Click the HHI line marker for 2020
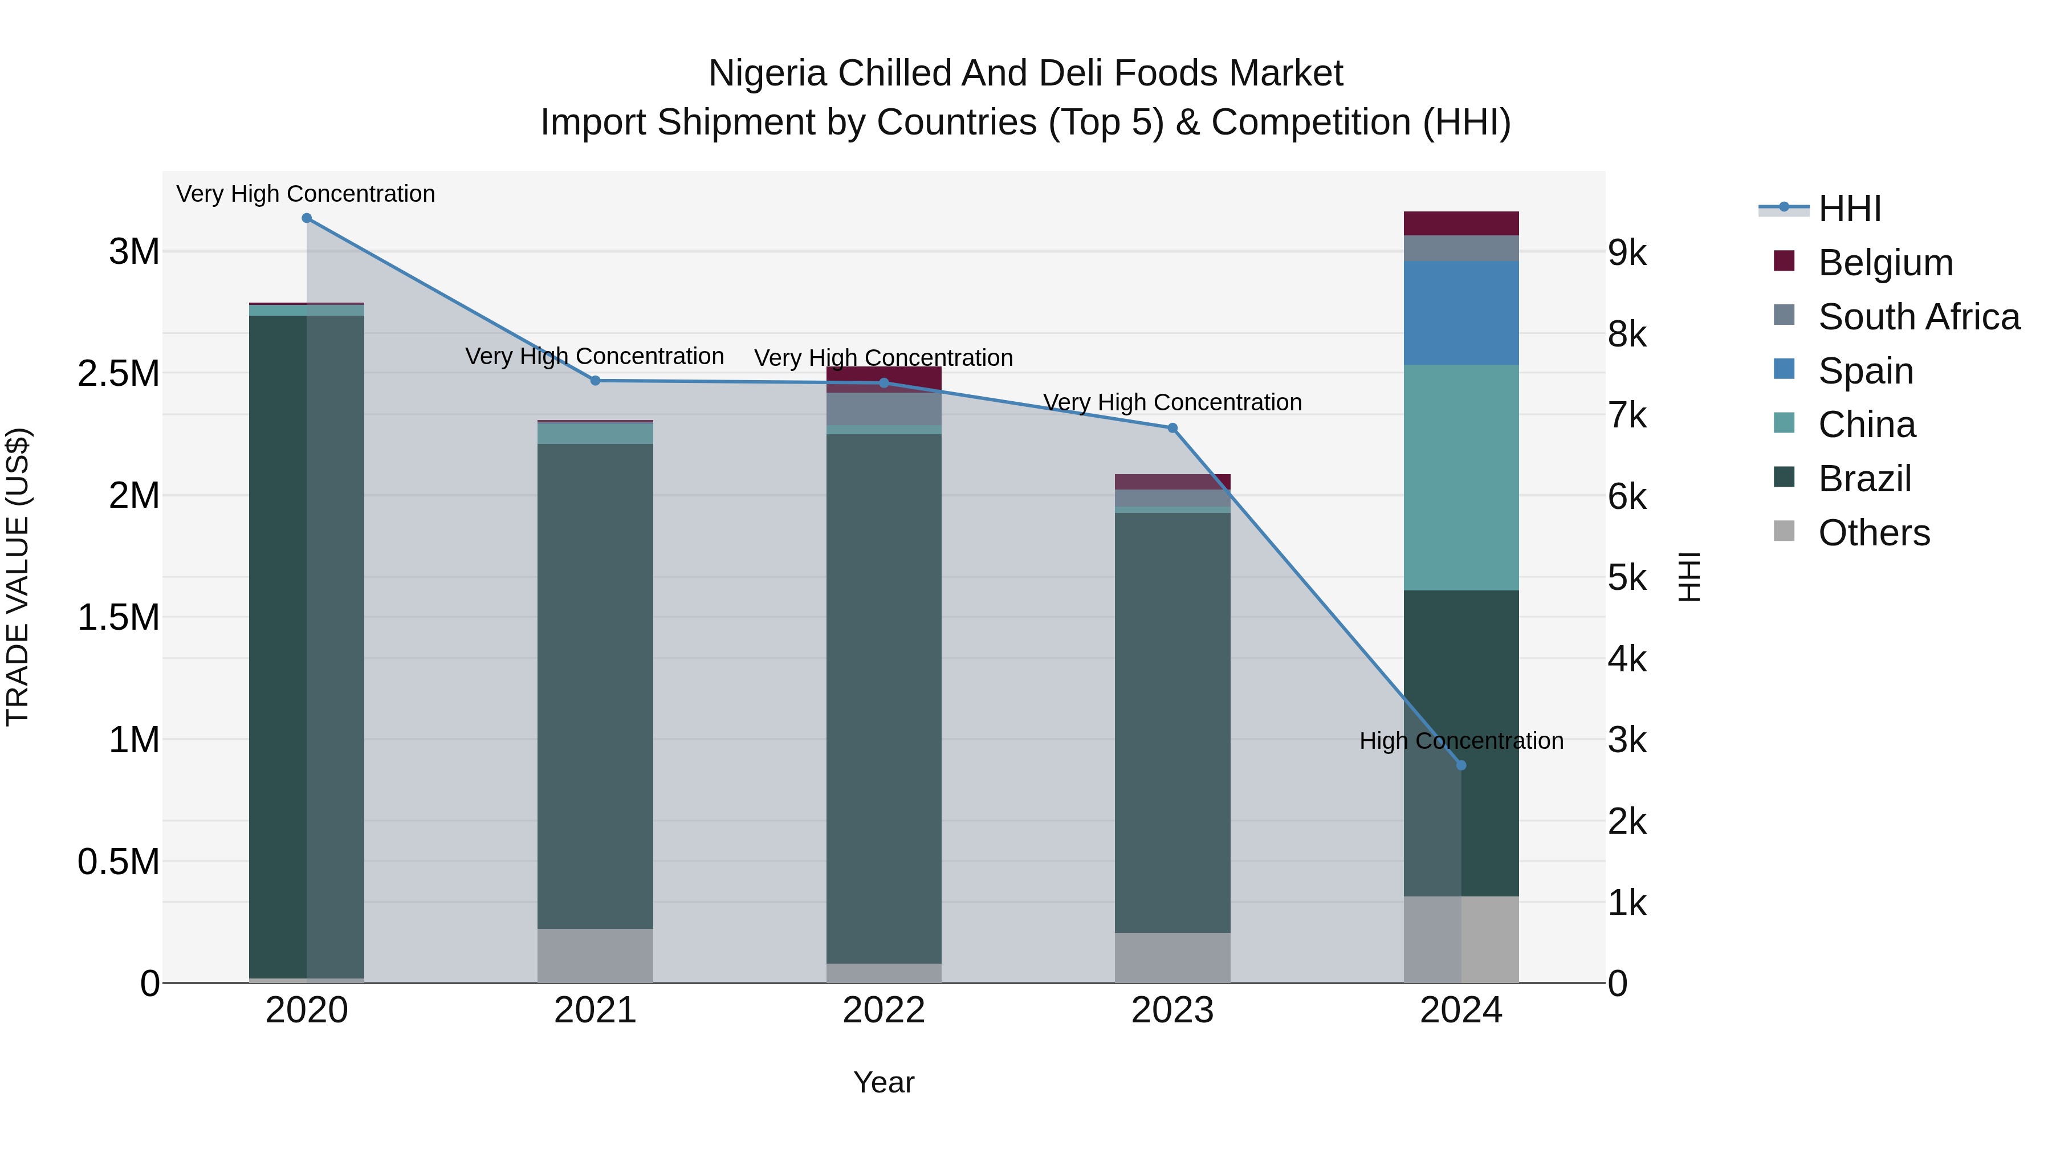[307, 218]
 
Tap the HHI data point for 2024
[1461, 765]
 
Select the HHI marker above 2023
[1172, 429]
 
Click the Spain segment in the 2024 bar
[1461, 313]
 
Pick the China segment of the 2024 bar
[1461, 478]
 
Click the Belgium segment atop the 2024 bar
[1461, 224]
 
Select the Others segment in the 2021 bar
[595, 956]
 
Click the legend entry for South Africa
[1918, 317]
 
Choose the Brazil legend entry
[1864, 479]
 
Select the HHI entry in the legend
[1849, 209]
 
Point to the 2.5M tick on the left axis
[119, 373]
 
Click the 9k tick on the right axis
[1627, 253]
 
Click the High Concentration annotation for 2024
[1461, 741]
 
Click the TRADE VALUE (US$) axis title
[18, 577]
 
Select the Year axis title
[883, 1082]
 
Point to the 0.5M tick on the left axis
[119, 862]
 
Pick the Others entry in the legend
[1874, 533]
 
